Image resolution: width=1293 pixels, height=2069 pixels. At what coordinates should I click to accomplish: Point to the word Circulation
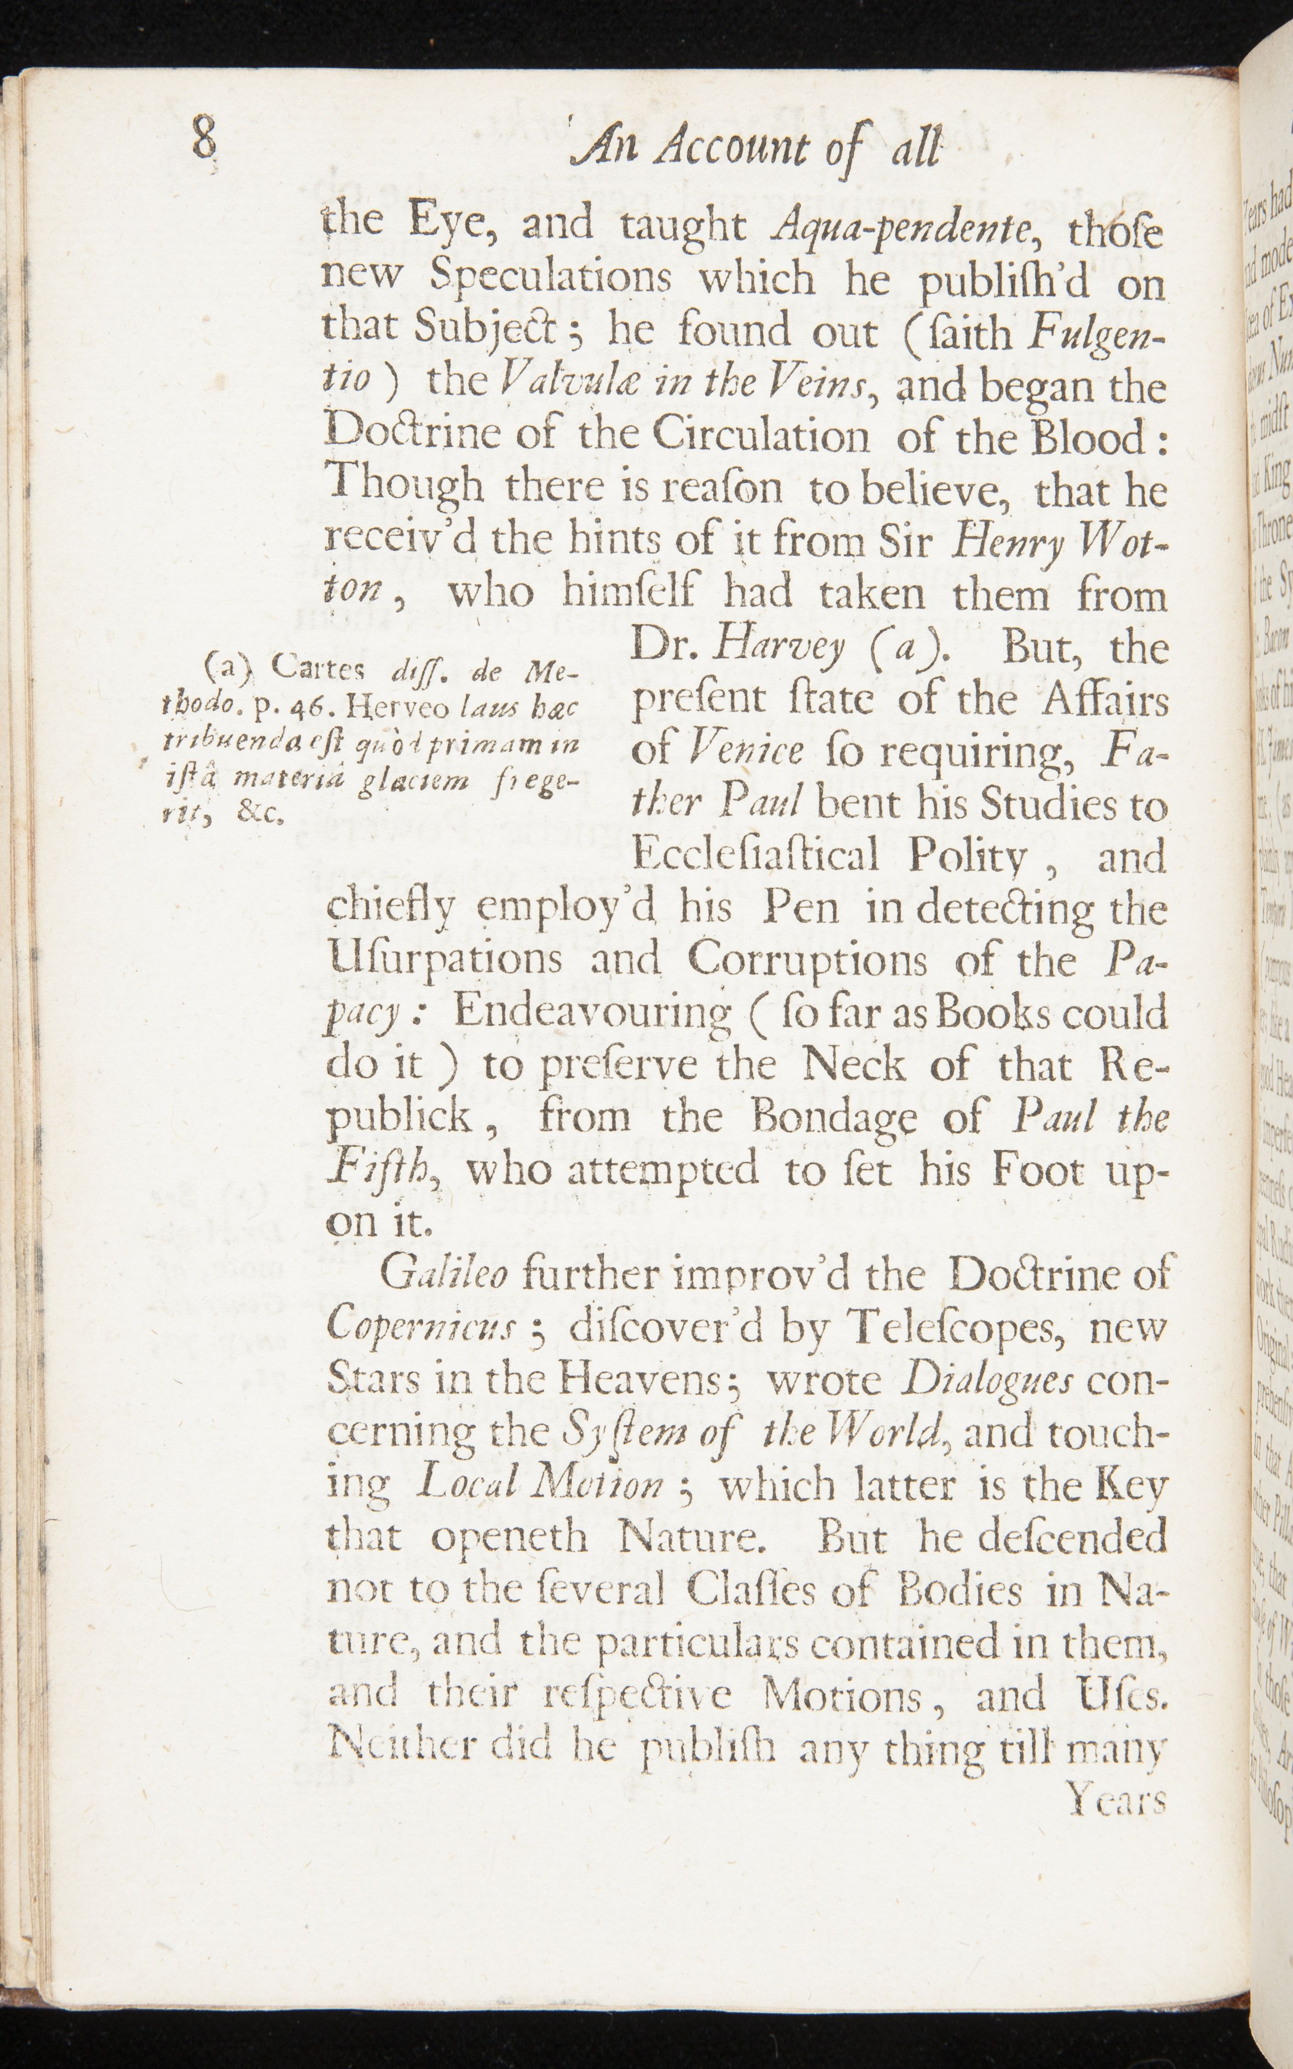760,438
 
